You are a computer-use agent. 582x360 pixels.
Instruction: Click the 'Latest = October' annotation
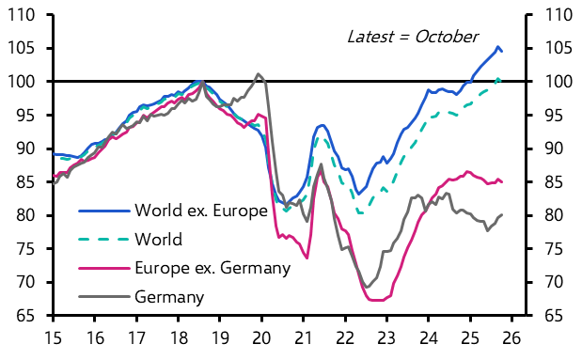coord(413,37)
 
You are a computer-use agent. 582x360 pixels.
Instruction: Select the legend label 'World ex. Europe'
coord(201,211)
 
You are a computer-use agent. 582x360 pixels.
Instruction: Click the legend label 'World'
coord(159,240)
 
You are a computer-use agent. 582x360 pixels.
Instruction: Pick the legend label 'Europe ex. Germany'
coord(212,269)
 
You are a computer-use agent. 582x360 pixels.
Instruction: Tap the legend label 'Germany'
coord(170,298)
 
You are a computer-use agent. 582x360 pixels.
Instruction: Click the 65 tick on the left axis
coord(29,316)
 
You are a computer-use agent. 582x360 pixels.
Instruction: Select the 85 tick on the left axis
coord(29,182)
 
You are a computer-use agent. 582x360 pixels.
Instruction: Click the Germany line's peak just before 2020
coord(259,73)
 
